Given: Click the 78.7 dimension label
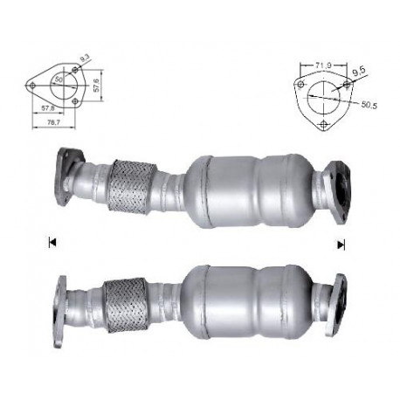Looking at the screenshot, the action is point(53,123).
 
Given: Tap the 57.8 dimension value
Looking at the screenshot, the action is point(48,108).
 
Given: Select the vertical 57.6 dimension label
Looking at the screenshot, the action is point(97,86).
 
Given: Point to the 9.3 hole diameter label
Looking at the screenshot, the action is point(85,59).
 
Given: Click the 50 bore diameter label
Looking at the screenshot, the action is point(59,79).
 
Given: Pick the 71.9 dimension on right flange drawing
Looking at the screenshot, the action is point(323,66).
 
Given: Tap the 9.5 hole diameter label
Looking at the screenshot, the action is point(358,72).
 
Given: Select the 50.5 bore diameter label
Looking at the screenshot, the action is point(369,105).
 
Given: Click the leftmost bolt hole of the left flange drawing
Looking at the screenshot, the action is point(32,86).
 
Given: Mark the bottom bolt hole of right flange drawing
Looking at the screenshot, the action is point(323,124).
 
